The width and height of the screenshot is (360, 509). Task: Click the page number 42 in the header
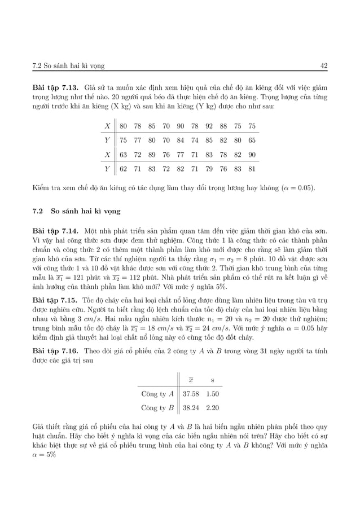click(x=323, y=65)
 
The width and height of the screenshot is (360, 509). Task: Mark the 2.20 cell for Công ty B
click(x=213, y=407)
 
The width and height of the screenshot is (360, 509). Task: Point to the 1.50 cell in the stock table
click(x=213, y=393)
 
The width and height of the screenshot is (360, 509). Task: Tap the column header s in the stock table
click(x=213, y=379)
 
